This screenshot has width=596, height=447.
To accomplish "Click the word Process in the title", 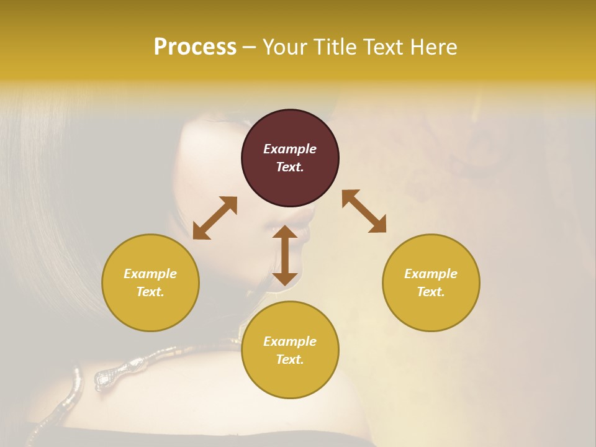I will (x=195, y=47).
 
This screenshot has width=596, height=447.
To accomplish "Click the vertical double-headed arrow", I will (x=285, y=255).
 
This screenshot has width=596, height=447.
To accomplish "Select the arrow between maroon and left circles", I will (x=215, y=218).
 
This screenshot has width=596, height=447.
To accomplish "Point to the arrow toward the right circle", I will (x=364, y=211).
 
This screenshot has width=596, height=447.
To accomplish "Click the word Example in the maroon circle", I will (x=290, y=149).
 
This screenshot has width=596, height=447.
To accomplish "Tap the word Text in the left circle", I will (x=150, y=292).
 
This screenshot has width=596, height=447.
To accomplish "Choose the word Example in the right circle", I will (x=431, y=274).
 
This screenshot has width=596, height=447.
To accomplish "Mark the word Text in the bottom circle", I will (x=290, y=359).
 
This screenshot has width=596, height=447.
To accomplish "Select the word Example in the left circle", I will (x=150, y=274).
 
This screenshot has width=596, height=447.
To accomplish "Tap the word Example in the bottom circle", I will (x=290, y=341).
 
